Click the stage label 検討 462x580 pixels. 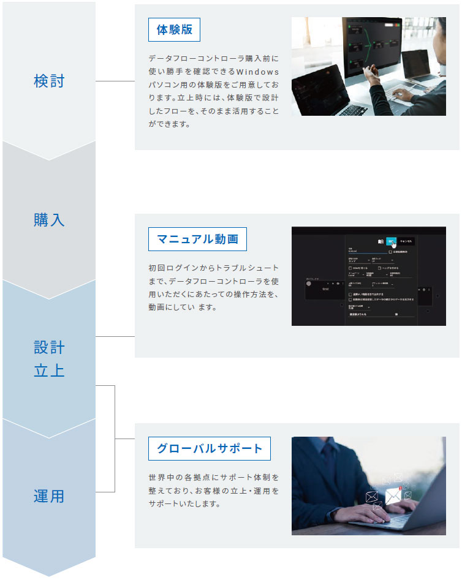coord(49,81)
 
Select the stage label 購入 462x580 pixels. coord(49,220)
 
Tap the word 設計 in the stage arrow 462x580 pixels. coord(49,348)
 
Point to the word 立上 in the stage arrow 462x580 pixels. coord(49,371)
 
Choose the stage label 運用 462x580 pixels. coord(49,496)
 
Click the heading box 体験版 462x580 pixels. coord(174,29)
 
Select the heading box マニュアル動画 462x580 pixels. coord(197,239)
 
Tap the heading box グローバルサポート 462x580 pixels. coord(209,448)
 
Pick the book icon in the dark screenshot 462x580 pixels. coord(381,241)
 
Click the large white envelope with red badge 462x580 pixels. coord(393,495)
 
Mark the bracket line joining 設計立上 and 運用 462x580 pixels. coord(115,439)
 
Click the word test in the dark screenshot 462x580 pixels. coord(326,289)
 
